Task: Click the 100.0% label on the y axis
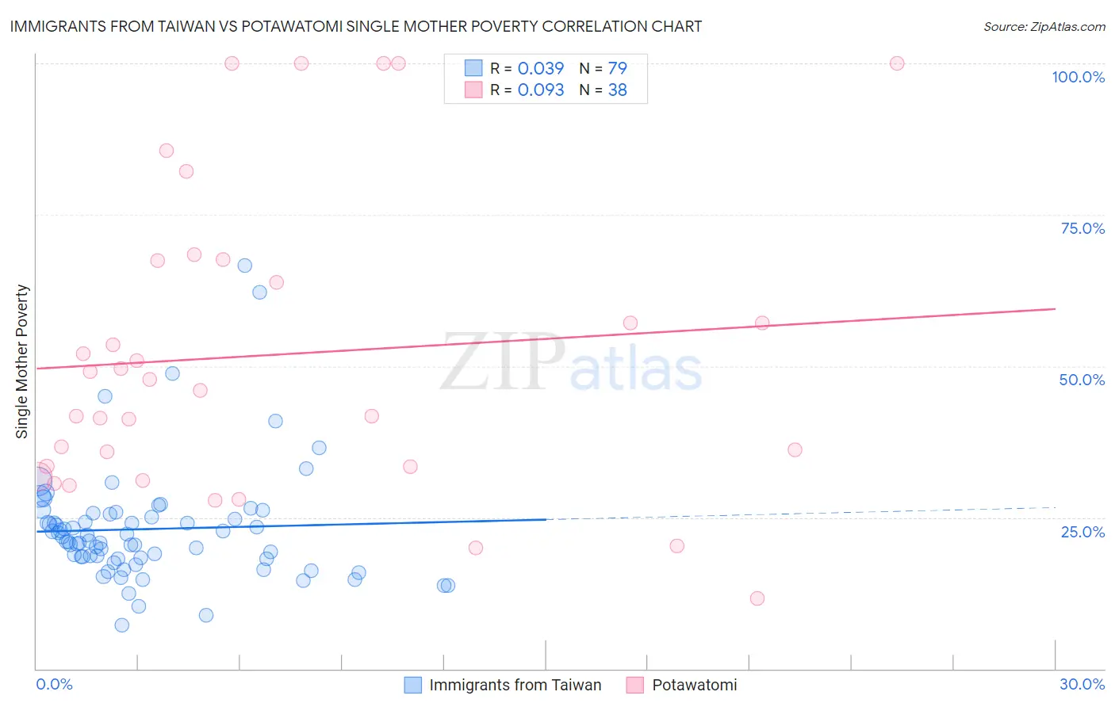1078,77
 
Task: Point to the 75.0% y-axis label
1082,228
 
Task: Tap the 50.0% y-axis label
1082,380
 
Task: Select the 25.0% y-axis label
1082,532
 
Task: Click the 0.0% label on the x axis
54,684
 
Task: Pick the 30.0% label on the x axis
1082,684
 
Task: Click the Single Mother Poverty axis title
22,361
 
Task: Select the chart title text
355,26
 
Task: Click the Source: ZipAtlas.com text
1044,26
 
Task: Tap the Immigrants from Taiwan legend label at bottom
515,685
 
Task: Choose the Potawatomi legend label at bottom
694,685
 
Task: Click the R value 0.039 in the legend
541,68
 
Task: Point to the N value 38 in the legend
617,90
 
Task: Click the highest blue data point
245,266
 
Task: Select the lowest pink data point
757,598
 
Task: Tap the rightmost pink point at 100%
897,63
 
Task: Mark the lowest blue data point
122,625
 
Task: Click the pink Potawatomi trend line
555,339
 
